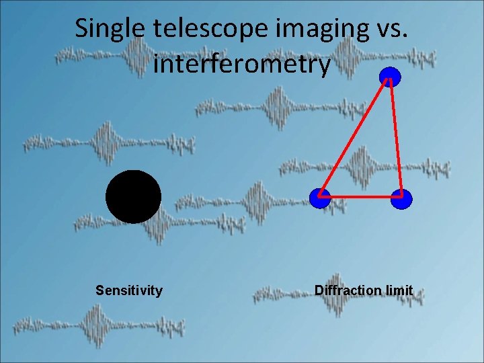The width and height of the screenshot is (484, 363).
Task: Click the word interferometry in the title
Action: pyautogui.click(x=242, y=65)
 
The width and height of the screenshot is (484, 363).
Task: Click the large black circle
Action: pyautogui.click(x=133, y=196)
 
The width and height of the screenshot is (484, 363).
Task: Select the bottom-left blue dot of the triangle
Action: pyautogui.click(x=320, y=198)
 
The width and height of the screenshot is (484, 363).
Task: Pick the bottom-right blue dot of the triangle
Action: pyautogui.click(x=401, y=199)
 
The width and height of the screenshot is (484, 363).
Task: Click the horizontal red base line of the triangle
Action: pyautogui.click(x=361, y=197)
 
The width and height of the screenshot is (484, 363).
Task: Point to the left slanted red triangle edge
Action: pyautogui.click(x=355, y=137)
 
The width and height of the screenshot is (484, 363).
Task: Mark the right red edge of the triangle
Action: pyautogui.click(x=396, y=138)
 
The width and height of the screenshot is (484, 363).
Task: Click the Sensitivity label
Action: pyautogui.click(x=129, y=290)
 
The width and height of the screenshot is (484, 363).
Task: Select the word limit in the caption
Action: pyautogui.click(x=399, y=290)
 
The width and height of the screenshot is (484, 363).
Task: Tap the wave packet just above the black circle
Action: pyautogui.click(x=108, y=143)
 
